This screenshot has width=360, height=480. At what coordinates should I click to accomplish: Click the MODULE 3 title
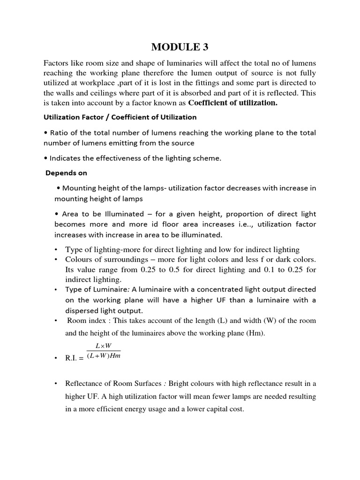180,47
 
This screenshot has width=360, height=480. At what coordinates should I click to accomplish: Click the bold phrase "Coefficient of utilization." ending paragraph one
232,103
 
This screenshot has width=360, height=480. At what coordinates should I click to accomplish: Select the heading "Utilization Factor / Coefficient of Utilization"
120,117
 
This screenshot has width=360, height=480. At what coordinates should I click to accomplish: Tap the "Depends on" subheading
66,173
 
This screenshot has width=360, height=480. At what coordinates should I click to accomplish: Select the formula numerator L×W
103,346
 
